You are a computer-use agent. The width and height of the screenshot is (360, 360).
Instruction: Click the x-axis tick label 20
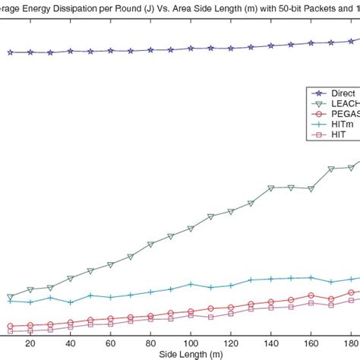[30, 343]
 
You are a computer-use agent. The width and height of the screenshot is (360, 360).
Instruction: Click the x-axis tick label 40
[71, 343]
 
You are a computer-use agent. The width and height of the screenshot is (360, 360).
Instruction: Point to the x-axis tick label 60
[111, 343]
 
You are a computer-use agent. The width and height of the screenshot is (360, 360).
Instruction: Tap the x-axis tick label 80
[150, 343]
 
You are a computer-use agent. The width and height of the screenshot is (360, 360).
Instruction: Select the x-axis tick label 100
[191, 343]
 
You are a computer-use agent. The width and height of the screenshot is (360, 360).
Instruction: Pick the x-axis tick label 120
[231, 343]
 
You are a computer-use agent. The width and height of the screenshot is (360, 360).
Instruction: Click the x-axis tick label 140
[271, 343]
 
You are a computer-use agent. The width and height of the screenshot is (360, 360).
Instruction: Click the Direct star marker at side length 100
[191, 49]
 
